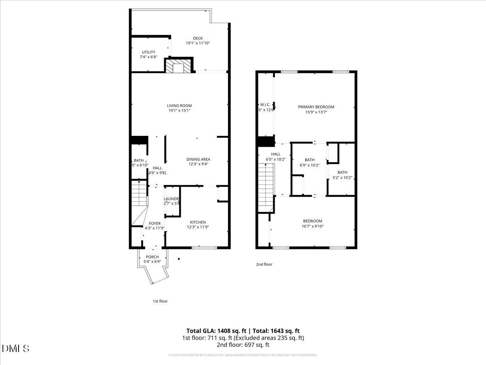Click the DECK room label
click(198, 39)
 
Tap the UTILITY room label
click(148, 52)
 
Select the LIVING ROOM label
click(179, 106)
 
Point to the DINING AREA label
click(198, 159)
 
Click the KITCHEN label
click(198, 222)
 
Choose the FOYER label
click(155, 223)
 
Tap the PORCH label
click(152, 257)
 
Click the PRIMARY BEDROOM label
click(316, 107)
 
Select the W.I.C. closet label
click(265, 105)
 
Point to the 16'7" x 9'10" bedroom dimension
click(313, 226)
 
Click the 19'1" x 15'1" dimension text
click(179, 111)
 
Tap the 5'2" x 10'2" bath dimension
click(342, 178)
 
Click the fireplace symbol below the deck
click(179, 66)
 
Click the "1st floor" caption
click(160, 301)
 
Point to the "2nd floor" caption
click(264, 264)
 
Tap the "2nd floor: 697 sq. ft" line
click(243, 345)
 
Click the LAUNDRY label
click(172, 199)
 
